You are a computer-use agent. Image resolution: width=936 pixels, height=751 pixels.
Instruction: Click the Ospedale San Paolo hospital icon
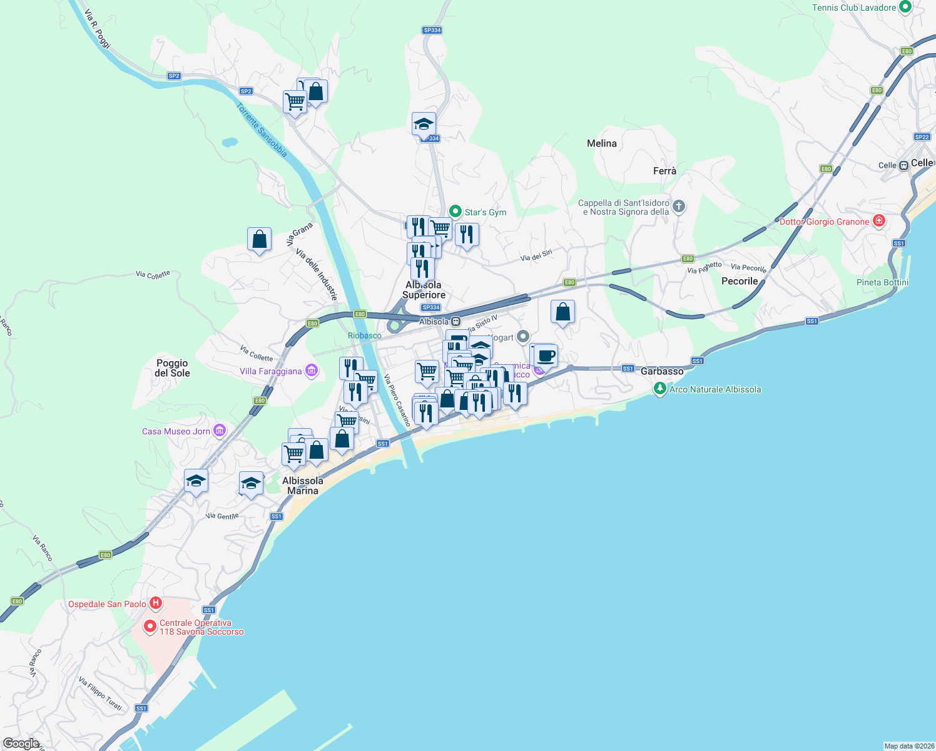156,604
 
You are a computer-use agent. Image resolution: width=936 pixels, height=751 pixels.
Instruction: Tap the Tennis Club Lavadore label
854,8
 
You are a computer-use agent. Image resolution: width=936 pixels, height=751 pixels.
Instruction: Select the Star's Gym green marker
455,212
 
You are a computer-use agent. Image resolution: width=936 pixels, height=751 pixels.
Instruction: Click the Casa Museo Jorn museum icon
219,431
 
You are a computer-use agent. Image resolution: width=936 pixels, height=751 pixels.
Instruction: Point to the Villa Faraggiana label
271,371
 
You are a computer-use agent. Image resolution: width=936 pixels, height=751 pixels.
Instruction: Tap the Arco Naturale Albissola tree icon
659,389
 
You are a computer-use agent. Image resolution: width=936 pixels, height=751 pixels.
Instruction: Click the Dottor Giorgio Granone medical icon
879,221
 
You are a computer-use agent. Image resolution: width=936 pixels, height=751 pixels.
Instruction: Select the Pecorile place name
740,281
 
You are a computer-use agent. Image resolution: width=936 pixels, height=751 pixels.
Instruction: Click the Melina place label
602,143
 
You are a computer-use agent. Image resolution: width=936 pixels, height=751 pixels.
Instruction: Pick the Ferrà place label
664,171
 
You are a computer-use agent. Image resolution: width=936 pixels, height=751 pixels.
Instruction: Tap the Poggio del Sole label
172,368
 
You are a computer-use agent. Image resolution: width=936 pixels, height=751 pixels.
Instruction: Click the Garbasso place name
662,371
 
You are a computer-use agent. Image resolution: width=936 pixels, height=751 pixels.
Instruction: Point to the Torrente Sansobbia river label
262,130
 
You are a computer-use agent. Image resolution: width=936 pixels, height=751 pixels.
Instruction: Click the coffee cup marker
546,355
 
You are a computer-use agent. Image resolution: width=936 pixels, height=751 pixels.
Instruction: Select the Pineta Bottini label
882,282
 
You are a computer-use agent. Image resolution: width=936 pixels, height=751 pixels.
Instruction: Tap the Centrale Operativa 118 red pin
150,626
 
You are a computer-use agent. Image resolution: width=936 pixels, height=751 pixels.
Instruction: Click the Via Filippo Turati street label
100,693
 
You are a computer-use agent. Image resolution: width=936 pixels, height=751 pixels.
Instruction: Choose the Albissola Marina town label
303,486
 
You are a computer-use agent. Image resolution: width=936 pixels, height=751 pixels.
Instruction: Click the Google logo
21,743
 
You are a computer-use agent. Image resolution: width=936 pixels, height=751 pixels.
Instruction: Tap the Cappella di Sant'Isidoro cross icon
679,206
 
